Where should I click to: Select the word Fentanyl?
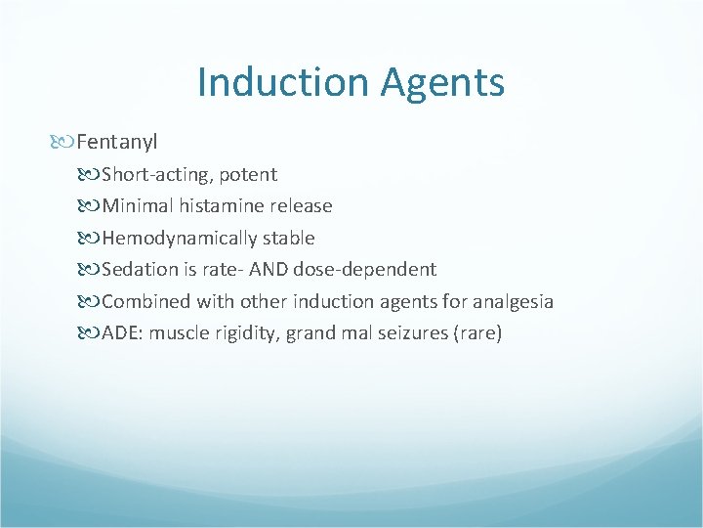point(117,143)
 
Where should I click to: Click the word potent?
point(248,175)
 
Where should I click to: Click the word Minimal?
point(138,206)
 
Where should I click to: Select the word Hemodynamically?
point(180,238)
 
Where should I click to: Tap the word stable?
point(289,238)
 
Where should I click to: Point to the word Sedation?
point(142,269)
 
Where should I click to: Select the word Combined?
point(145,301)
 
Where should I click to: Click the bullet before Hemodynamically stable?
point(91,238)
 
